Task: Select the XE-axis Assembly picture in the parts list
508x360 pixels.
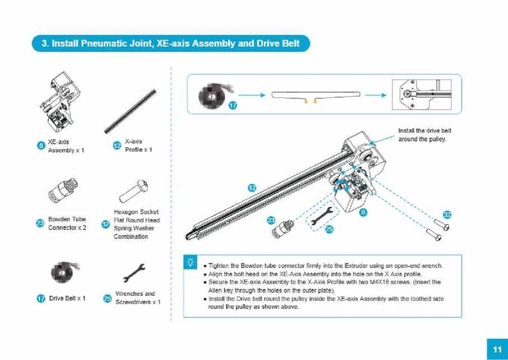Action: pyautogui.click(x=60, y=104)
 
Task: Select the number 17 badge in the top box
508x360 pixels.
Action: pyautogui.click(x=232, y=105)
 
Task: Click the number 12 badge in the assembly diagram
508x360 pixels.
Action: pyautogui.click(x=251, y=188)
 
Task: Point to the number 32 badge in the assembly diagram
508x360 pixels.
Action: pyautogui.click(x=447, y=215)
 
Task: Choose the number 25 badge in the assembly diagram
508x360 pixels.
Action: pyautogui.click(x=329, y=229)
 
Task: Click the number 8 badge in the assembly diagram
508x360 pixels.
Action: pyautogui.click(x=363, y=212)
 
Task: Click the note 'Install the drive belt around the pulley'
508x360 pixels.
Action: pyautogui.click(x=423, y=135)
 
